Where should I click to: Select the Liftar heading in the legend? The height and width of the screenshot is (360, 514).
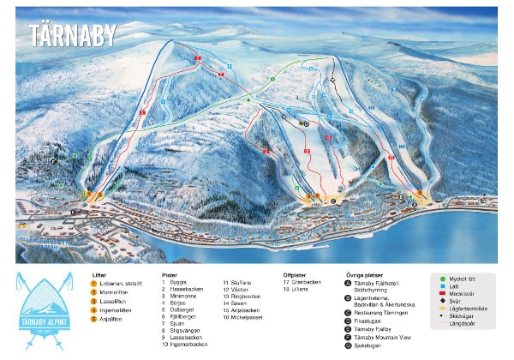(x=99, y=274)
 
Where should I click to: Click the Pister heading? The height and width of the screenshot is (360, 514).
(x=170, y=274)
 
